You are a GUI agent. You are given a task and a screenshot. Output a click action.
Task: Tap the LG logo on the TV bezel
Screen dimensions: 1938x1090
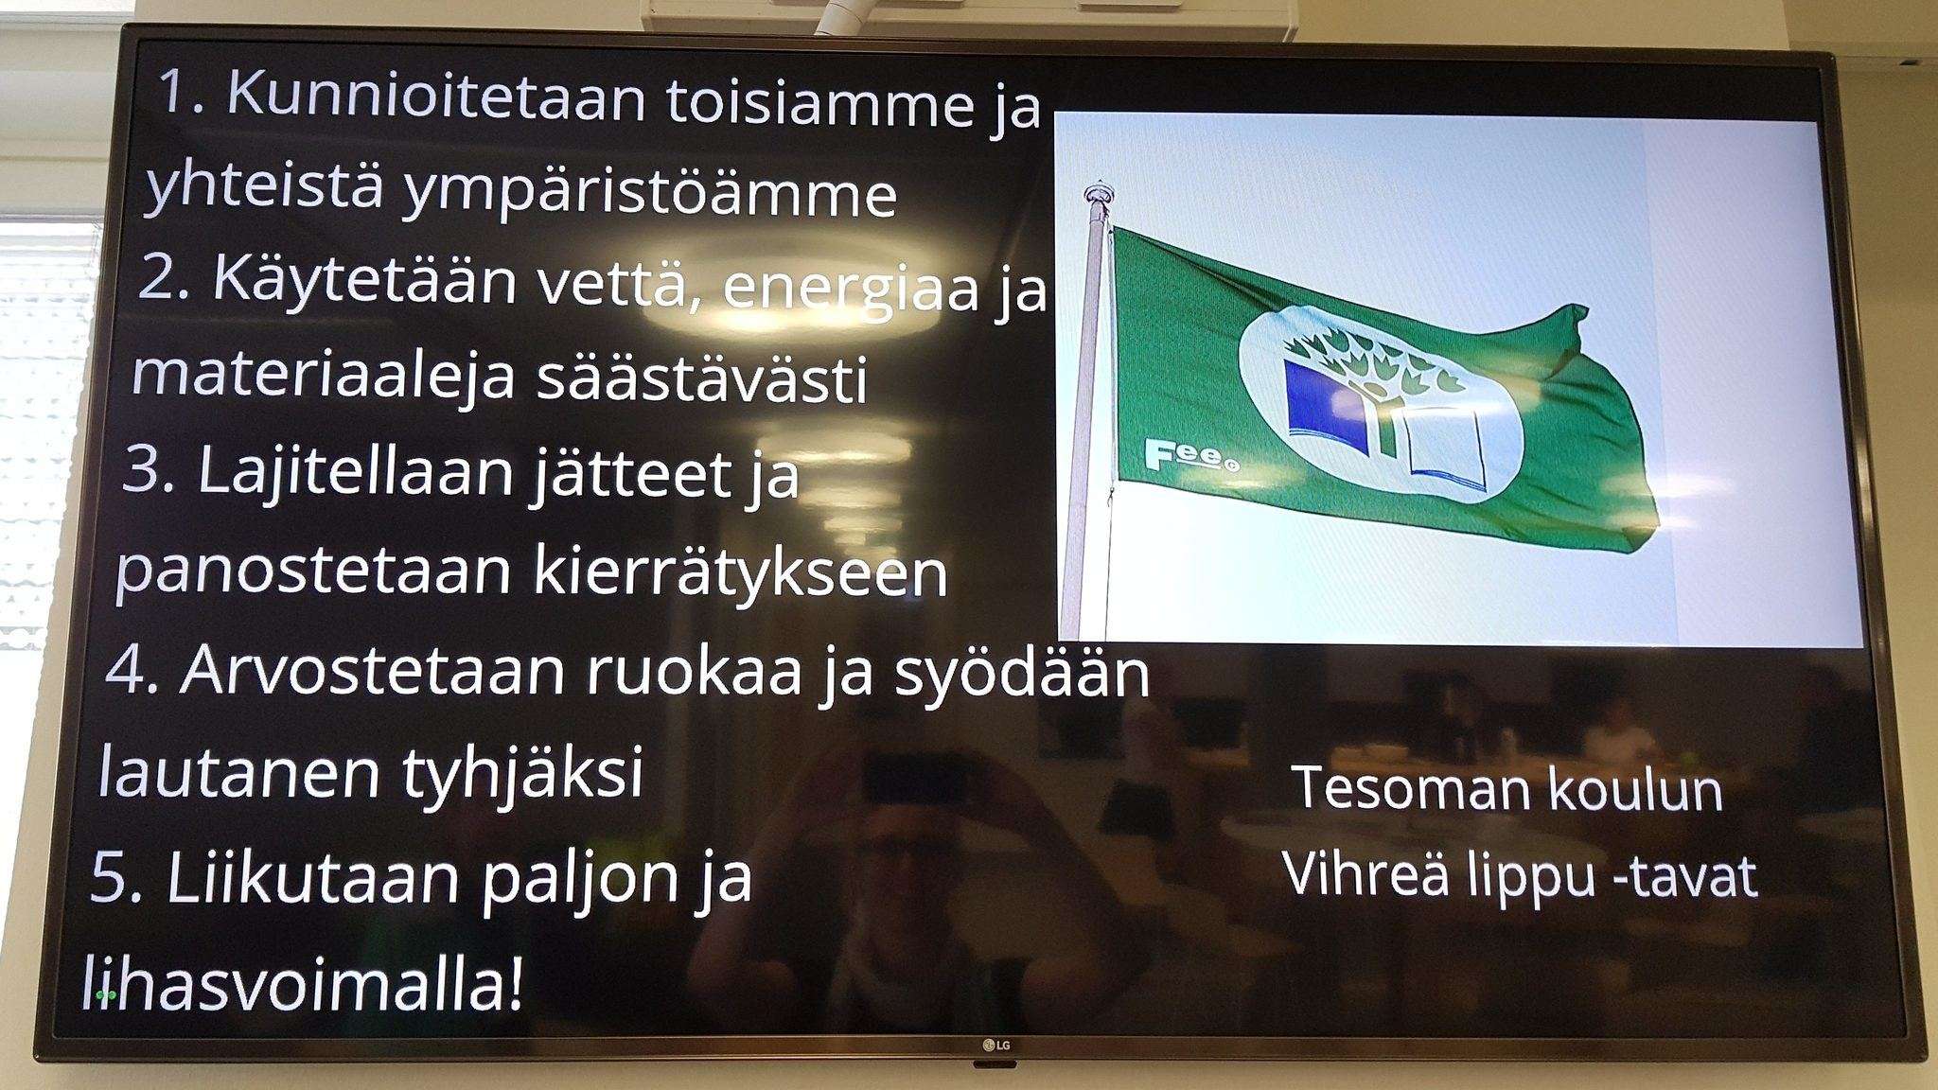[995, 1045]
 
